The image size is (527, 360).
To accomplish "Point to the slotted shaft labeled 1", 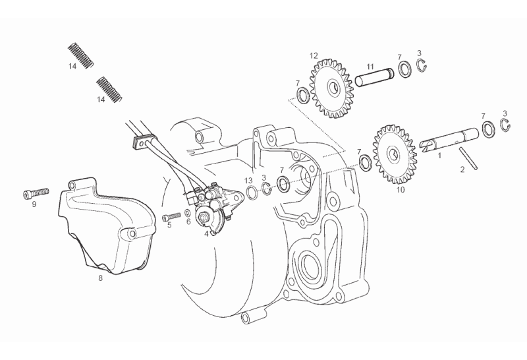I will pyautogui.click(x=448, y=141).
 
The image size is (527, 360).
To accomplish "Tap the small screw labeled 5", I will pyautogui.click(x=171, y=216).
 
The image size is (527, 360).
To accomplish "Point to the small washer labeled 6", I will pyautogui.click(x=188, y=212).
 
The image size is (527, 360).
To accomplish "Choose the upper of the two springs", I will pyautogui.click(x=82, y=54).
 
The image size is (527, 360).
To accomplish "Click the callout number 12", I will pyautogui.click(x=314, y=55).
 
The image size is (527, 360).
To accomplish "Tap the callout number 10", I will pyautogui.click(x=401, y=189).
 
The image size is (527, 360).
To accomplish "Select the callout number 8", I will pyautogui.click(x=100, y=278).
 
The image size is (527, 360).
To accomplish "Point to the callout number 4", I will pyautogui.click(x=206, y=233).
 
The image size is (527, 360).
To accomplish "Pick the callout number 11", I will pyautogui.click(x=370, y=66).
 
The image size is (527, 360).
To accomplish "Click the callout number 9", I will pyautogui.click(x=34, y=204).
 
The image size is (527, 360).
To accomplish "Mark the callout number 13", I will pyautogui.click(x=248, y=180).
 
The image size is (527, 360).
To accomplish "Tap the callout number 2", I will pyautogui.click(x=462, y=169).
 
